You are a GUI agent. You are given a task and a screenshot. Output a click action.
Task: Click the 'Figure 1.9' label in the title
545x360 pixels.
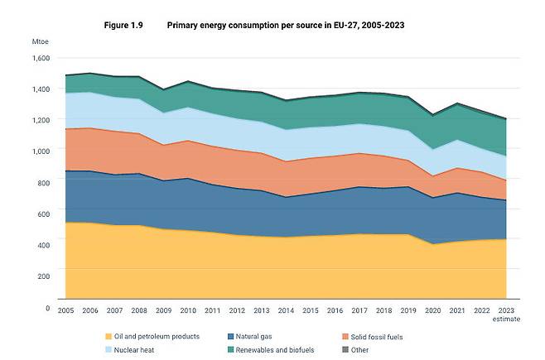(124, 26)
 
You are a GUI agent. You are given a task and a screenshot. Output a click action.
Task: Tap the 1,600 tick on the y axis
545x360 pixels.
(41, 58)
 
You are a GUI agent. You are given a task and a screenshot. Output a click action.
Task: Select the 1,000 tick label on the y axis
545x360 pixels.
(41, 151)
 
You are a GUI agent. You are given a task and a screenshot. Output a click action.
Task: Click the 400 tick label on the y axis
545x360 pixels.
(44, 244)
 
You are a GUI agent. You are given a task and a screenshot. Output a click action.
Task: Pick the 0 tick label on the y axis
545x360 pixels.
(48, 308)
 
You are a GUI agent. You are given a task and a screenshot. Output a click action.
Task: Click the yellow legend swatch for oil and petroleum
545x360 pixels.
(109, 337)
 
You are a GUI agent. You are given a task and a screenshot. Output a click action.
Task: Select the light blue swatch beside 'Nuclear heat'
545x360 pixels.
(109, 350)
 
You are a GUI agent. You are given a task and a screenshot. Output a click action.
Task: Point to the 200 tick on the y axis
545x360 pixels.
(44, 275)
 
